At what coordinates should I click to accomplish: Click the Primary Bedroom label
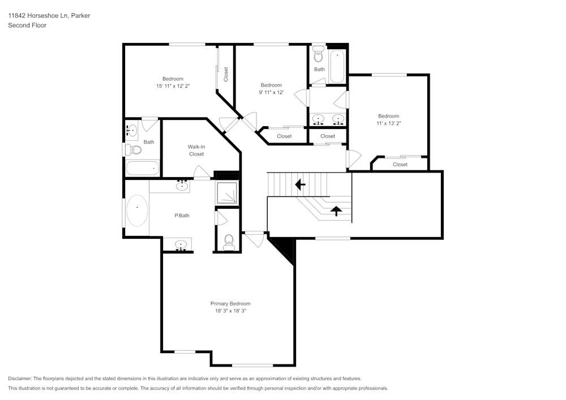230,304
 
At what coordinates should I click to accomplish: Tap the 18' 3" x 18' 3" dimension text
230,311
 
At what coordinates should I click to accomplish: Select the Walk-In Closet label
196,150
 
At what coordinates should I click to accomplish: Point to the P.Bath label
181,216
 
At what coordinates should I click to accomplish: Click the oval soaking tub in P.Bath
137,211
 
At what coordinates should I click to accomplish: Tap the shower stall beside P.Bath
228,193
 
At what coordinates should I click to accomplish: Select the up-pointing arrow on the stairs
336,211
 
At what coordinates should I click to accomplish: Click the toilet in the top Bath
318,55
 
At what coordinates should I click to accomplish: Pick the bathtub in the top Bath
337,65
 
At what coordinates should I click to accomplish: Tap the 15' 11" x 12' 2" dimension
173,86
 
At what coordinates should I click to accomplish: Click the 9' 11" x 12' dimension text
271,92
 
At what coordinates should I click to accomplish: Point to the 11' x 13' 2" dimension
389,123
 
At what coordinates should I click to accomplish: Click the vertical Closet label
226,74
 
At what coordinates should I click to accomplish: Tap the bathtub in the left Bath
143,168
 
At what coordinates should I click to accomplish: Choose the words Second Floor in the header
27,25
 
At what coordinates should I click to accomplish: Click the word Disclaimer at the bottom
21,379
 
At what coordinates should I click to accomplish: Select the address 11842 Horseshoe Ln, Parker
49,16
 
